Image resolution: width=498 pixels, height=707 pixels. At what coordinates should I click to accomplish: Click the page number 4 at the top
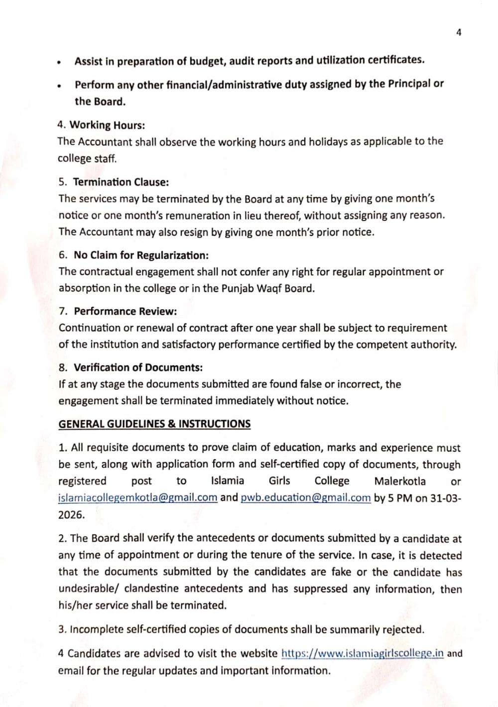click(458, 33)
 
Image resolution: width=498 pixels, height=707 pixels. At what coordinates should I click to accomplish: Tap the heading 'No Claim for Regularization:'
click(141, 255)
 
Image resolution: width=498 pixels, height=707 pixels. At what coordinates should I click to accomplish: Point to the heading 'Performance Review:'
click(125, 311)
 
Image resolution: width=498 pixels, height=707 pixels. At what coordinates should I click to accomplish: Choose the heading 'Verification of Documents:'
click(138, 367)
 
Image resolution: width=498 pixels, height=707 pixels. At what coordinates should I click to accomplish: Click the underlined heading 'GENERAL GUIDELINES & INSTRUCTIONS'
click(154, 424)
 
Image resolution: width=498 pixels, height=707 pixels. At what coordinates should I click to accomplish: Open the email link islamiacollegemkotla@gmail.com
click(137, 497)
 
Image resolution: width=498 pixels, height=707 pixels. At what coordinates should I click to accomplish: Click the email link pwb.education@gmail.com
click(305, 497)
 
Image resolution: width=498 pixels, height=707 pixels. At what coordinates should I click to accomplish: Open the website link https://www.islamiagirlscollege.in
click(362, 653)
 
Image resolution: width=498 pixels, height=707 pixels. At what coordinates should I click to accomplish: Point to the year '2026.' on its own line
click(71, 515)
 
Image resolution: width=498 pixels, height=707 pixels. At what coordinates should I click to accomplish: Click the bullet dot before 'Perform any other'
click(59, 86)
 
